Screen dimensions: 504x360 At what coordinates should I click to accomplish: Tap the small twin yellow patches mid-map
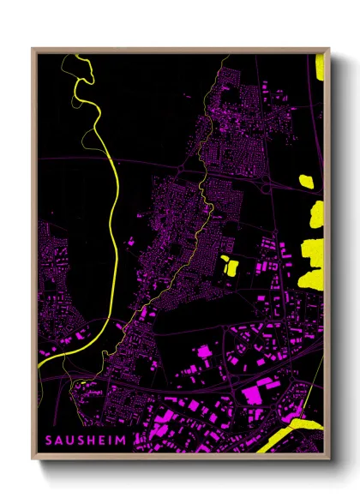pos(229,265)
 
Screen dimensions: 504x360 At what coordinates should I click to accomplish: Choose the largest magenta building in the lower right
pos(257,393)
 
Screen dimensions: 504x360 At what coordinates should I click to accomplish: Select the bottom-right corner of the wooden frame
pos(328,459)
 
